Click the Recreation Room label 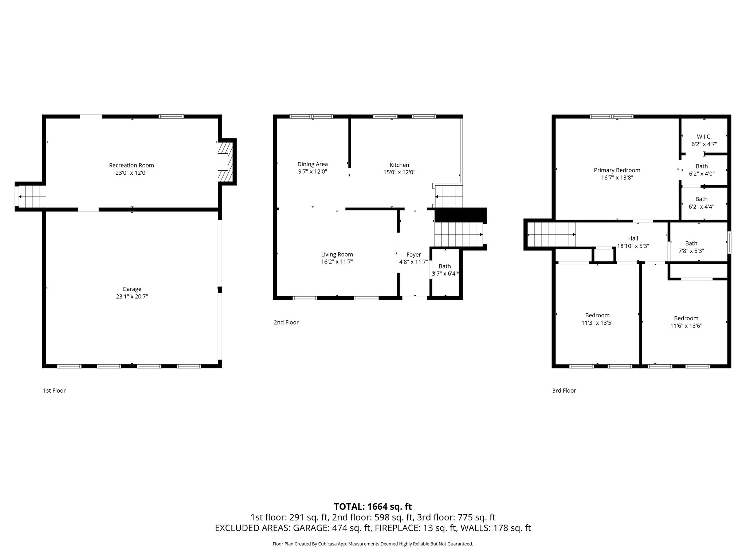tap(131, 165)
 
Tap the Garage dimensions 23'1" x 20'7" tap(131, 297)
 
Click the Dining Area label tap(313, 164)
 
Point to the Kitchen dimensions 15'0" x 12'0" tap(399, 173)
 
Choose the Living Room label tap(337, 254)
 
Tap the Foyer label tap(413, 254)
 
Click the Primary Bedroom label tap(617, 170)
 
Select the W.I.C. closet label tap(704, 136)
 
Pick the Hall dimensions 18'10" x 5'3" tap(633, 246)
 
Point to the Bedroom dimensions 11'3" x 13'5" tap(597, 323)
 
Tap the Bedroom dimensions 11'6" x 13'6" tap(686, 326)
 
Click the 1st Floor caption tap(54, 390)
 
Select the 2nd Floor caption tap(286, 322)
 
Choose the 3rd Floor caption tap(564, 390)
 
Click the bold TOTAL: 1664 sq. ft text tap(373, 507)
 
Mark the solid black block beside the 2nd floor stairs tap(460, 215)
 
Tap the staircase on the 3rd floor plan tap(551, 235)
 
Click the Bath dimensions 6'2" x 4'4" tap(701, 207)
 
